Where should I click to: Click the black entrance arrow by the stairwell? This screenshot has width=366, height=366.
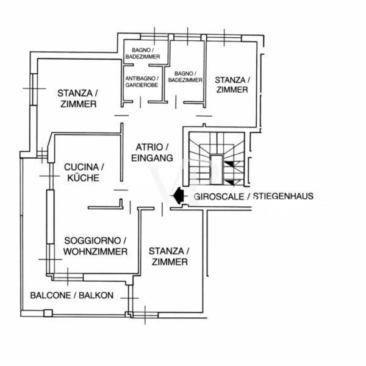(179, 196)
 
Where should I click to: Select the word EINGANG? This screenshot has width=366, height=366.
(152, 158)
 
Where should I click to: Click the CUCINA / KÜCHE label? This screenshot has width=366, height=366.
(84, 173)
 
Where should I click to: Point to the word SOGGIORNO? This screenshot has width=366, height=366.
(93, 240)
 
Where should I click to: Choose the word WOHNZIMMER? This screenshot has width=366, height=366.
(96, 251)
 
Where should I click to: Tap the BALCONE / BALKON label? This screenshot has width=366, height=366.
(72, 295)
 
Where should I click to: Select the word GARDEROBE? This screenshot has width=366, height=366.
(142, 85)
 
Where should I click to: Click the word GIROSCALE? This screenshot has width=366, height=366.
(219, 196)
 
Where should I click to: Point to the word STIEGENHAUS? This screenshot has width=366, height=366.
(284, 196)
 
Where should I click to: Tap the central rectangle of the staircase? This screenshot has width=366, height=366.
(217, 170)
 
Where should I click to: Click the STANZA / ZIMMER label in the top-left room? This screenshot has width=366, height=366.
(77, 98)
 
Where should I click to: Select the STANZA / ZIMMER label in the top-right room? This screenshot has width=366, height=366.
(232, 85)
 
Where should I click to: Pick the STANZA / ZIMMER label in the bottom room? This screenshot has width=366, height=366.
(170, 257)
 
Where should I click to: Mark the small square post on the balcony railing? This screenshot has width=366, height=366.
(48, 313)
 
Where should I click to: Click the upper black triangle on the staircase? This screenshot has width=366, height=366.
(229, 164)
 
